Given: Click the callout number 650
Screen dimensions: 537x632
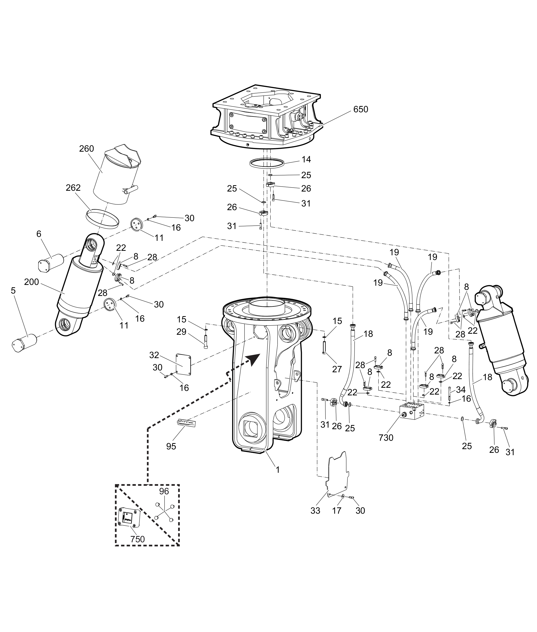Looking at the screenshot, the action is click(361, 109).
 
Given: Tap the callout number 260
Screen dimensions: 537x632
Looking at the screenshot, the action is click(87, 149).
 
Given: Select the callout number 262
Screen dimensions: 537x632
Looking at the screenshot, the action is click(73, 188).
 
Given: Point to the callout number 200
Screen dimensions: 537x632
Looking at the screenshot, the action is click(32, 282).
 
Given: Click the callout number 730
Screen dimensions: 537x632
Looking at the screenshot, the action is click(386, 438).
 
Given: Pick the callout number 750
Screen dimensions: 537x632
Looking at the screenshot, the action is click(138, 539).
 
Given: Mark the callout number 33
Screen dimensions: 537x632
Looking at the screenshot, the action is click(315, 511).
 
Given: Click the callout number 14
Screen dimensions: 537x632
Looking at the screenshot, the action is click(306, 160).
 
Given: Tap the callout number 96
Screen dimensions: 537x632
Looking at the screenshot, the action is click(164, 491).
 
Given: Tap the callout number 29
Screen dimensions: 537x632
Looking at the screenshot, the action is click(181, 332).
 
